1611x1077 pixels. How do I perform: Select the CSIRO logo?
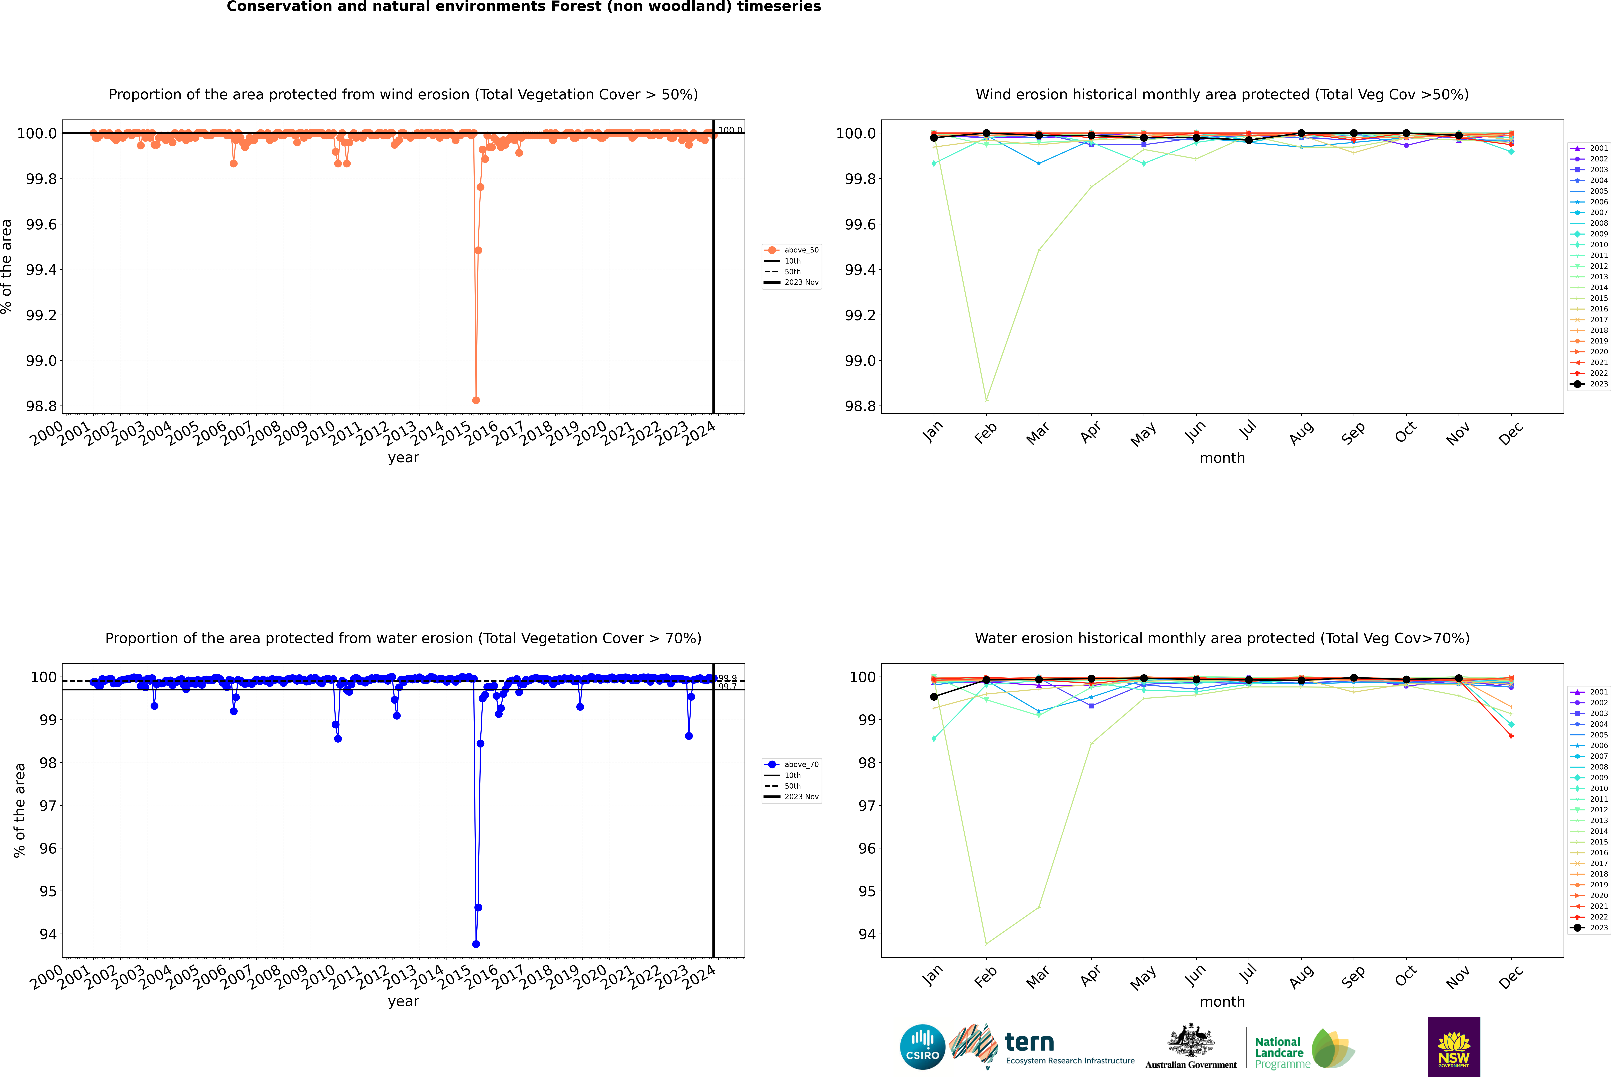(x=922, y=1047)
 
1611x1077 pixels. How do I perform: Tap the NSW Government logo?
(x=1454, y=1047)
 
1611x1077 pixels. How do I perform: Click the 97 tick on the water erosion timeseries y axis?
(x=48, y=806)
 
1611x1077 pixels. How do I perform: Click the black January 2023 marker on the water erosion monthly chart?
(x=934, y=697)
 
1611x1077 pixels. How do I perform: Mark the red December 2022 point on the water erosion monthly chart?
(x=1511, y=736)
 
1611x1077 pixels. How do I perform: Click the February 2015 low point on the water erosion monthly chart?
(x=986, y=944)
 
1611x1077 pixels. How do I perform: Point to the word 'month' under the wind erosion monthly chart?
(x=1222, y=458)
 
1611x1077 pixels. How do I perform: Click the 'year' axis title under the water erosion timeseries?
(x=403, y=1001)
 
